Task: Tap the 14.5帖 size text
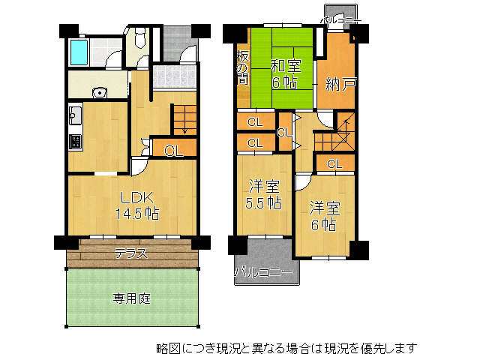pos(136,213)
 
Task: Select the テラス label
pos(130,254)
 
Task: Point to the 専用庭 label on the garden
pos(132,298)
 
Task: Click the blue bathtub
pos(79,52)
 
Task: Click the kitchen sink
pos(75,116)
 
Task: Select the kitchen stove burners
pos(75,140)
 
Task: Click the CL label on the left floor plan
pos(173,151)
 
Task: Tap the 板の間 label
pos(242,67)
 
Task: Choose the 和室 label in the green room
pos(286,65)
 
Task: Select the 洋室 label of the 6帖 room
pos(325,208)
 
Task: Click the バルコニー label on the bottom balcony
pos(264,272)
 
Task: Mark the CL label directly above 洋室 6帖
pos(334,163)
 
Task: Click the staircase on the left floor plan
pos(184,120)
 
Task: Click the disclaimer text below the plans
pos(286,348)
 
